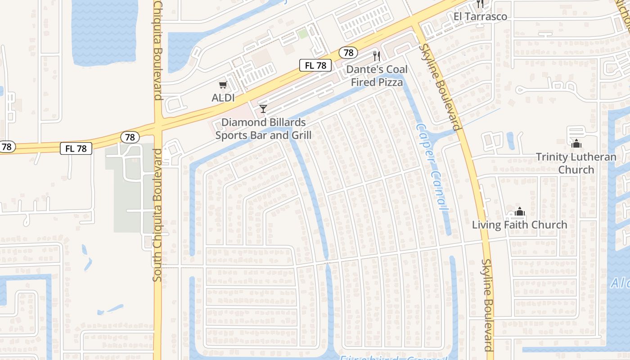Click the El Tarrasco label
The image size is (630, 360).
tap(480, 17)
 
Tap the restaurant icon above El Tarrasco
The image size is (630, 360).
tap(480, 4)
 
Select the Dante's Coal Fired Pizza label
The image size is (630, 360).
tap(377, 76)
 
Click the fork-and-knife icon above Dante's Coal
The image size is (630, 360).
tap(377, 56)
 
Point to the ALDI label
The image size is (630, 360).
tap(223, 97)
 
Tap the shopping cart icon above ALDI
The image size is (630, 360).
tap(223, 85)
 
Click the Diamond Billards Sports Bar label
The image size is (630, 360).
tap(263, 129)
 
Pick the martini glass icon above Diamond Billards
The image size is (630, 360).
tap(263, 109)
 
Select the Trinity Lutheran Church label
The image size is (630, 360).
tap(576, 163)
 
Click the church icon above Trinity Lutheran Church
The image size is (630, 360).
tap(576, 144)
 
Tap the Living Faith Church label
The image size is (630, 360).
tap(519, 225)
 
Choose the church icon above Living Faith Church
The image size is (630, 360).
tap(520, 211)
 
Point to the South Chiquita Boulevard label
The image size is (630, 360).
tap(157, 215)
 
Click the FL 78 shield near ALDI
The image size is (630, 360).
tap(315, 65)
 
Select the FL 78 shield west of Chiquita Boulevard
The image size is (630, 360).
tap(76, 148)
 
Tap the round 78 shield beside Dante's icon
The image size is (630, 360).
tap(348, 53)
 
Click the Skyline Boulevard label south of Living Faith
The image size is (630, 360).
tap(487, 305)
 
